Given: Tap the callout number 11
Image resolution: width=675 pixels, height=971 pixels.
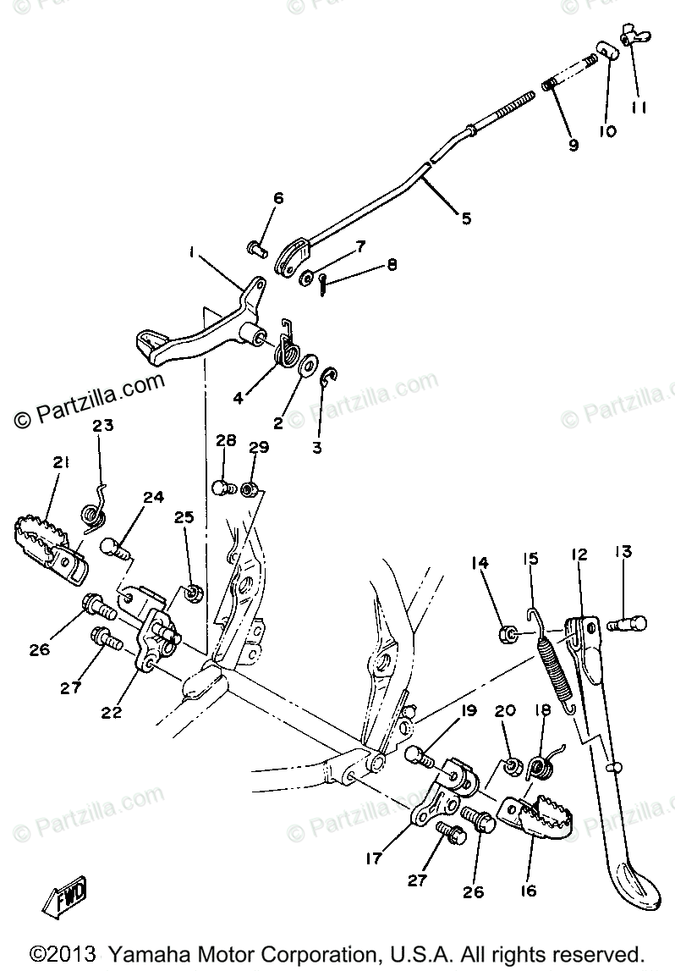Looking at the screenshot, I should coord(639,108).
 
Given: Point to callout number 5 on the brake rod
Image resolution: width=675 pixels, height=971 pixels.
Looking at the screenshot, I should coord(466,218).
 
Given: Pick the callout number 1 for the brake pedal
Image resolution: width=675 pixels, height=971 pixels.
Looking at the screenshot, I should coord(193,253).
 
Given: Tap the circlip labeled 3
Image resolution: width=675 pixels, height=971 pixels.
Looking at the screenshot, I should coord(329,378).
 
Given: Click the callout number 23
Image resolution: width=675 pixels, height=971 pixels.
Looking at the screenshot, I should coord(103,428).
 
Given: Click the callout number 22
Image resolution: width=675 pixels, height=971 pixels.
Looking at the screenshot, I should coord(112,713).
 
